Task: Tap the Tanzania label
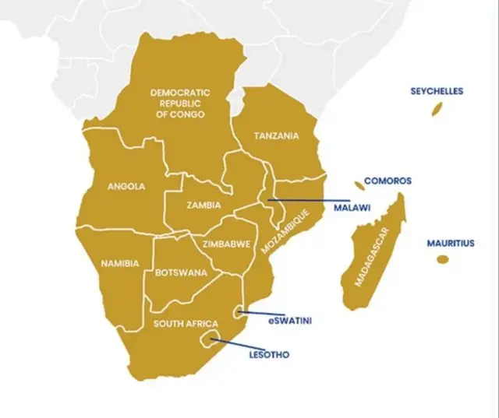coord(276,135)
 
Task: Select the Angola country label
coord(126,186)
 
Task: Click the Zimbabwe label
coord(226,244)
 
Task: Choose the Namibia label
coord(120,263)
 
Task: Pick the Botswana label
coord(181,272)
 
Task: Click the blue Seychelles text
coord(437,91)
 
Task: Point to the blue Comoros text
coord(388,181)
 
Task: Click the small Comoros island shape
coord(359,185)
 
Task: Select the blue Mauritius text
coord(450,243)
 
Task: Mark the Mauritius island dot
coord(443,259)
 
